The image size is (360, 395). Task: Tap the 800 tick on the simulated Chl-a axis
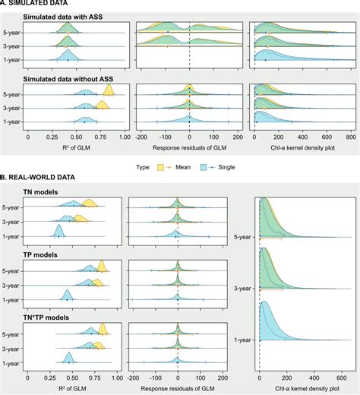coord(350,138)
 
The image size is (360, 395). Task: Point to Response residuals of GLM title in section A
coord(188,148)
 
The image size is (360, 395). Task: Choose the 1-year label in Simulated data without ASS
coord(12,122)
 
